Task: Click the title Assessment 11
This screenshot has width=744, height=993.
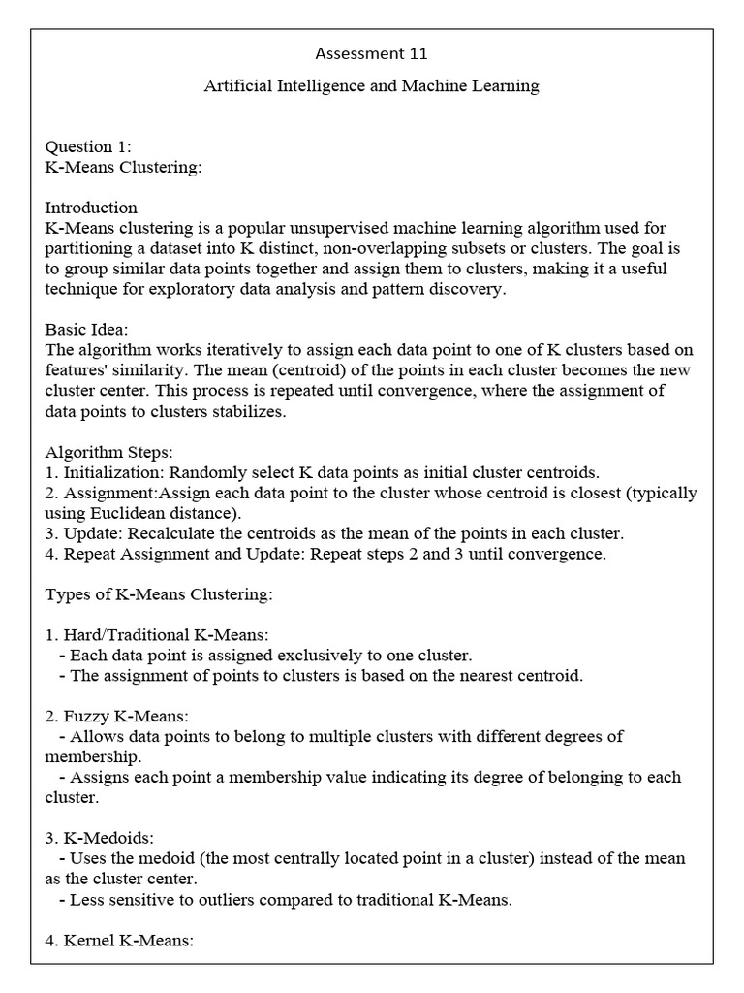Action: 371,53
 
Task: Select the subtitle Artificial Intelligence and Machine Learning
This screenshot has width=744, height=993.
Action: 371,86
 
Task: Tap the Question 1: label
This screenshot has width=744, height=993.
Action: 88,146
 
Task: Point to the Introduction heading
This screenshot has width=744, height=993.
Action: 91,208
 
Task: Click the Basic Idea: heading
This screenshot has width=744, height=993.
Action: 93,330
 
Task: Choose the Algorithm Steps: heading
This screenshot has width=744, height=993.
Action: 108,452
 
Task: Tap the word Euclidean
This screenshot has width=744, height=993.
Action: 129,513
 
